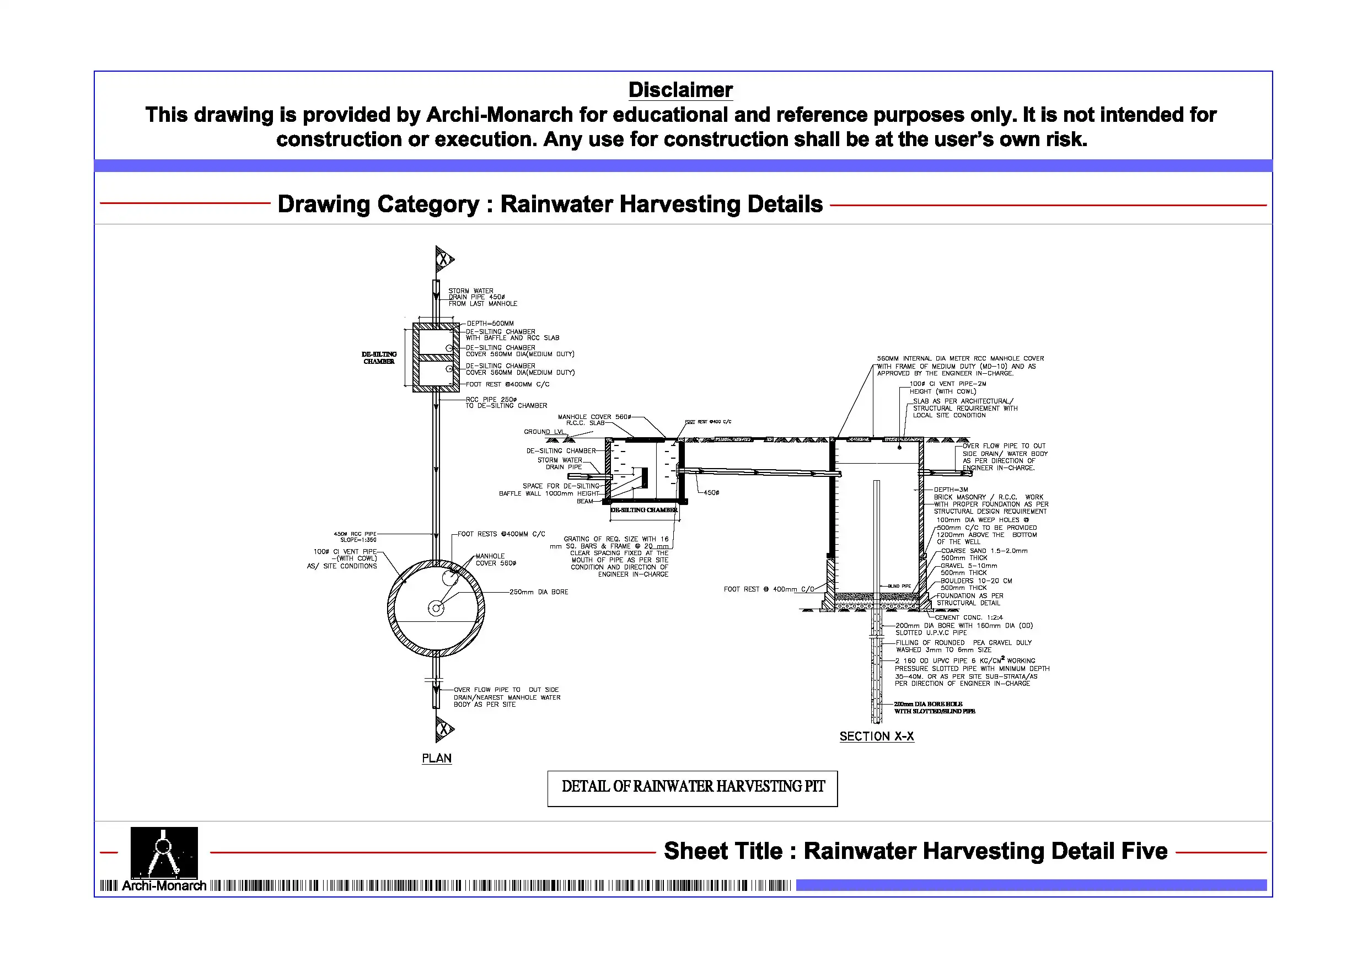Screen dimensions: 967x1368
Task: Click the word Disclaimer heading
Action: click(680, 90)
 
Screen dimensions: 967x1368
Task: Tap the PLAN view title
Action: click(436, 759)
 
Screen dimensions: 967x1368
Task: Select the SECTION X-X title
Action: click(877, 737)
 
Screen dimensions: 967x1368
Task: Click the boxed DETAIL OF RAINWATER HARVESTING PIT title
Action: click(693, 788)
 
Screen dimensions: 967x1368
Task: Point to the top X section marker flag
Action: click(444, 259)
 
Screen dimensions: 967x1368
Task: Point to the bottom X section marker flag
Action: click(444, 729)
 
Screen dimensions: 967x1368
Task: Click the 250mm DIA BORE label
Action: click(539, 592)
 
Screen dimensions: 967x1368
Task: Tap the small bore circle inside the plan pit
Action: click(436, 608)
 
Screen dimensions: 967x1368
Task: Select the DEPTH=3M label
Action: click(951, 490)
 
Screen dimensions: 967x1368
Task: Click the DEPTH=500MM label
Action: click(490, 324)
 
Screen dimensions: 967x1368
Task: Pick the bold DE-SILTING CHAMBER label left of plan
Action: click(379, 357)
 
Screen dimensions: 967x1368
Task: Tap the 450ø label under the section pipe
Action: click(711, 493)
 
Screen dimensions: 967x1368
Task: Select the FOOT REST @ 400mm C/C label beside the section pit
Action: click(769, 589)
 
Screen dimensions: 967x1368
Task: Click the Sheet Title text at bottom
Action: click(915, 851)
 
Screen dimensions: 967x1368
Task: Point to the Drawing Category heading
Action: click(550, 205)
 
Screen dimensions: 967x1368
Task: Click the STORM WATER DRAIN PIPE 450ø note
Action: click(482, 297)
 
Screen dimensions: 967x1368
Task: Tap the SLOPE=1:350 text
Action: click(358, 540)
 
